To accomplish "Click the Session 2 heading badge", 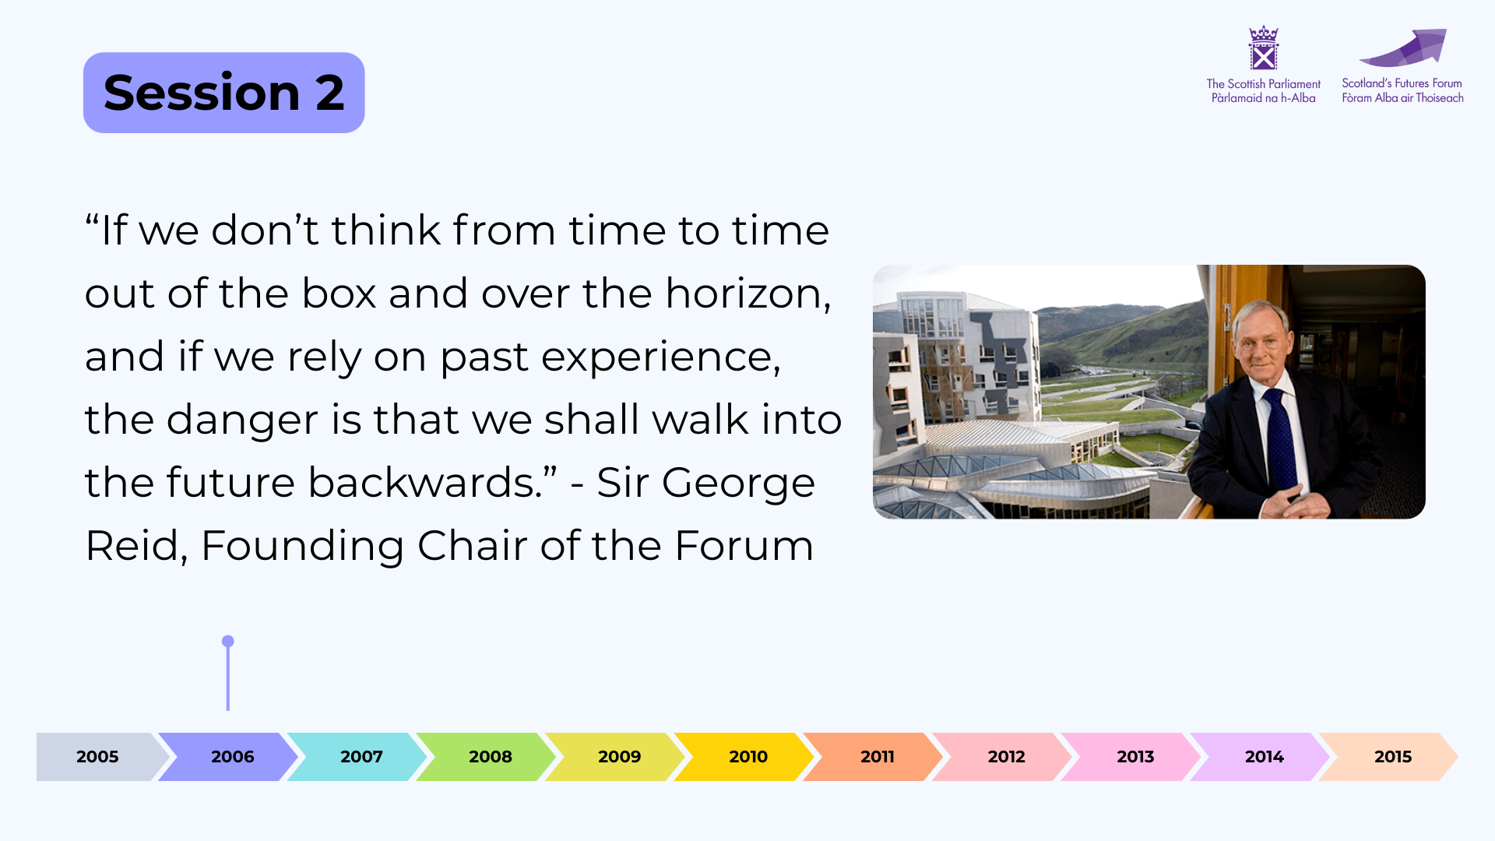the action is click(x=224, y=93).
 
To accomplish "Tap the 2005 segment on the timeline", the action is click(x=98, y=756).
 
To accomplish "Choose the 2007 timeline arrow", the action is click(x=357, y=756).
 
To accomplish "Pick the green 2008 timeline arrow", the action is click(x=486, y=756).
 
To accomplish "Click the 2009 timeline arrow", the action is click(x=615, y=756).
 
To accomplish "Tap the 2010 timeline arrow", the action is click(x=744, y=756).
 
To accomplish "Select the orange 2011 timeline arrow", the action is click(x=873, y=756).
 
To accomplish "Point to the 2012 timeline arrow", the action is click(x=1002, y=756).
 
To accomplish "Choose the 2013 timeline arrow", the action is click(x=1131, y=756).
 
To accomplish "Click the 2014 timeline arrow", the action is click(x=1260, y=756).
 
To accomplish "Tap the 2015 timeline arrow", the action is click(x=1388, y=756).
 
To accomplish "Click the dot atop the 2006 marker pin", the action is click(x=227, y=642).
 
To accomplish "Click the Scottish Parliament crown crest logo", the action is click(x=1263, y=48).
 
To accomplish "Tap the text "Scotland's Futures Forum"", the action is click(x=1402, y=83).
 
